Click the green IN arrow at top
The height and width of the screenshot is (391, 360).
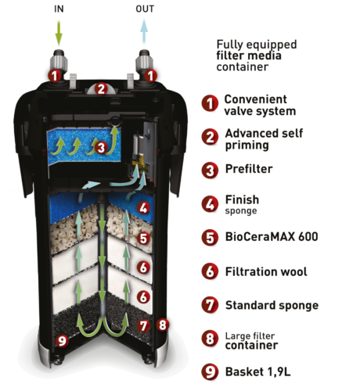pyautogui.click(x=59, y=33)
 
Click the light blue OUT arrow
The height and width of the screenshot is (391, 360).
pyautogui.click(x=144, y=31)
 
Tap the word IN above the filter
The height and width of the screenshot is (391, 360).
pyautogui.click(x=59, y=9)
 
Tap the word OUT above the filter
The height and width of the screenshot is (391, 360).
pyautogui.click(x=145, y=9)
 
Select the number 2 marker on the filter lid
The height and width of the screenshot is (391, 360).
pyautogui.click(x=101, y=89)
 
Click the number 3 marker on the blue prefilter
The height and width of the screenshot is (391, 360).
pyautogui.click(x=101, y=148)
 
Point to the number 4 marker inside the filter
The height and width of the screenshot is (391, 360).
pyautogui.click(x=144, y=208)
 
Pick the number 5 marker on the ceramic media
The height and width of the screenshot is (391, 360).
pyautogui.click(x=143, y=239)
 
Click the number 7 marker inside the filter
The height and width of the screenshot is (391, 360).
pyautogui.click(x=144, y=326)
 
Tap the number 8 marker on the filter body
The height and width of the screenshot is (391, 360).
pyautogui.click(x=163, y=325)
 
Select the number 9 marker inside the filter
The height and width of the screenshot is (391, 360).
pyautogui.click(x=62, y=340)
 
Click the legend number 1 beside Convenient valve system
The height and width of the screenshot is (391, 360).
pyautogui.click(x=210, y=103)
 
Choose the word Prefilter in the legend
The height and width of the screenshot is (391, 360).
pyautogui.click(x=249, y=169)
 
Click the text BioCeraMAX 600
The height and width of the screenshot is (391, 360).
pyautogui.click(x=272, y=237)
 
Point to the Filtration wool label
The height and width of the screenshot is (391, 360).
pyautogui.click(x=266, y=271)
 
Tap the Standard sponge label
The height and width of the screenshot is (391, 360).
pyautogui.click(x=272, y=306)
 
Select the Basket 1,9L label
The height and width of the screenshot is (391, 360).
pyautogui.click(x=257, y=372)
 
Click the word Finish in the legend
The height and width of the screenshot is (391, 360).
pyautogui.click(x=242, y=200)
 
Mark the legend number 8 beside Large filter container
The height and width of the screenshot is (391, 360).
pyautogui.click(x=210, y=339)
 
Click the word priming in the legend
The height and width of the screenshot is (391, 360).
pyautogui.click(x=247, y=145)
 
